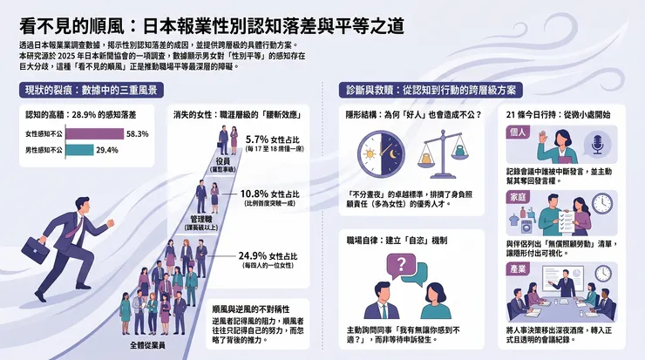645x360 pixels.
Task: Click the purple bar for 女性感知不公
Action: click(x=95, y=134)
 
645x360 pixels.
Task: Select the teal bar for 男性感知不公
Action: click(x=79, y=150)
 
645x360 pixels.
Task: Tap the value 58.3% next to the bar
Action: click(x=138, y=134)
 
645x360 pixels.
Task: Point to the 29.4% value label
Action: click(x=107, y=150)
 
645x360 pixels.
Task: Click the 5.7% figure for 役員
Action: click(x=257, y=139)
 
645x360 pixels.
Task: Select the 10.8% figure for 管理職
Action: click(x=255, y=194)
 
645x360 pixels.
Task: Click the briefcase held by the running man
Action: click(x=36, y=250)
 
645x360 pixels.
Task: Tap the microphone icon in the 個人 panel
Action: click(x=598, y=144)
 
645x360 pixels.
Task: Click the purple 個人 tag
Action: click(x=518, y=132)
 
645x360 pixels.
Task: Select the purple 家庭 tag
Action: click(x=518, y=198)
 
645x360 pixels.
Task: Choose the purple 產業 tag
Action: click(x=518, y=269)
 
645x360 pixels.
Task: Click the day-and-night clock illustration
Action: click(x=381, y=154)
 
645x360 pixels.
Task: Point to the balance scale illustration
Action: click(x=443, y=154)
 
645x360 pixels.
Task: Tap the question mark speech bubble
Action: click(x=401, y=266)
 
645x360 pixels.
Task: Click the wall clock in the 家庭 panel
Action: click(x=602, y=204)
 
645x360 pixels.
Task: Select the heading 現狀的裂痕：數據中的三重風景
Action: click(x=92, y=91)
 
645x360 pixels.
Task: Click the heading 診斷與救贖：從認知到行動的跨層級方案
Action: click(x=431, y=91)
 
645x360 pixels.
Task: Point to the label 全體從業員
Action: click(x=147, y=345)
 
